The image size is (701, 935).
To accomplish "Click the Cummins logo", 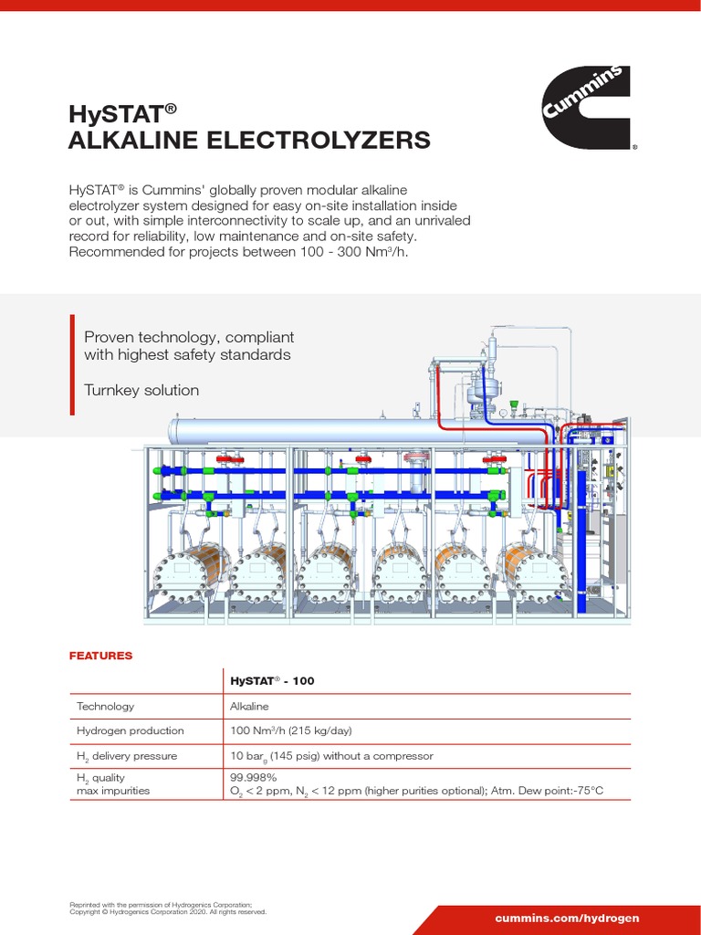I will pos(586,108).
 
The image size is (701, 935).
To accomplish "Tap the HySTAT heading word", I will pos(116,114).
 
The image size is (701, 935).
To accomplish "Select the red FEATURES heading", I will pos(101,656).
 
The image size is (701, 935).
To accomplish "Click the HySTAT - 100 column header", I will pos(272,681).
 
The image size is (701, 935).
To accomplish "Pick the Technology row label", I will pos(106,707).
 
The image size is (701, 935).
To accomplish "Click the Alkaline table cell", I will pos(250,707).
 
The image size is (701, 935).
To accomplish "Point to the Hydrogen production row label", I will pos(131,730).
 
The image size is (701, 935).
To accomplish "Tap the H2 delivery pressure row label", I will pos(127,756).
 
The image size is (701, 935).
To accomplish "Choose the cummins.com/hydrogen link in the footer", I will pos(567,918).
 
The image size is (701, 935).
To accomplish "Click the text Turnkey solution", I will pos(141,391).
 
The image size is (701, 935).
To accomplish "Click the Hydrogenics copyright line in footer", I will pos(168,911).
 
